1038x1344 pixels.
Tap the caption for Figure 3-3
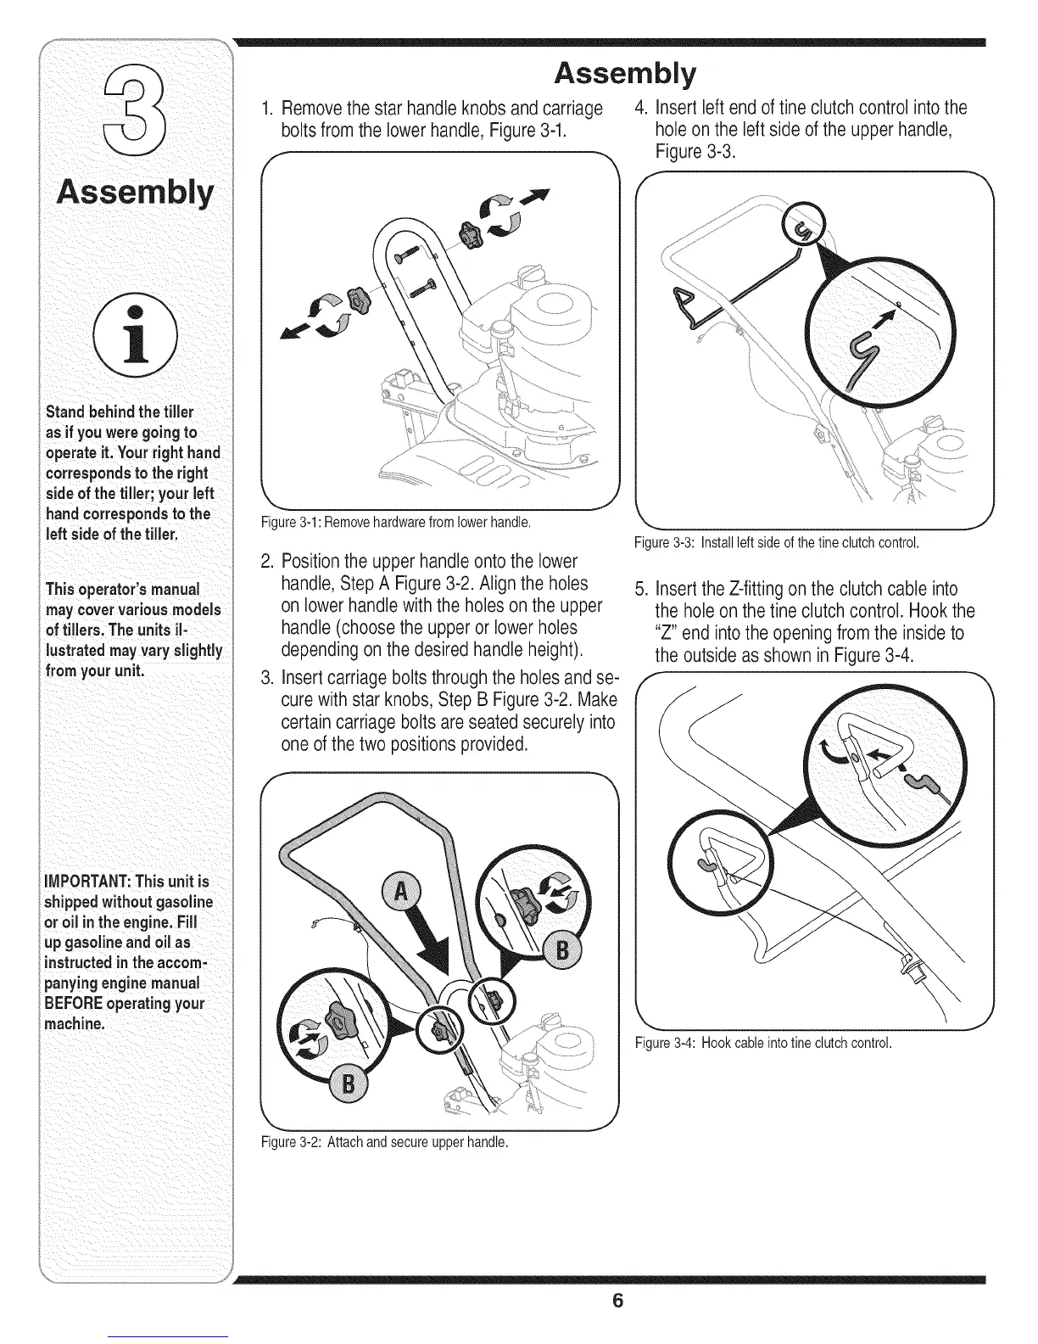point(777,541)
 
